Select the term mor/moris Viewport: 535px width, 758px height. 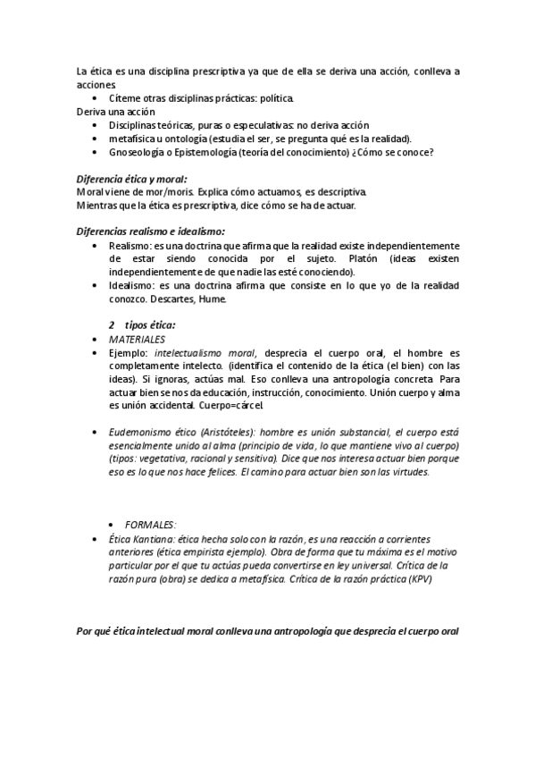click(146, 192)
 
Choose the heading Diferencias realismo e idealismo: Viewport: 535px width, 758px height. click(150, 232)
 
